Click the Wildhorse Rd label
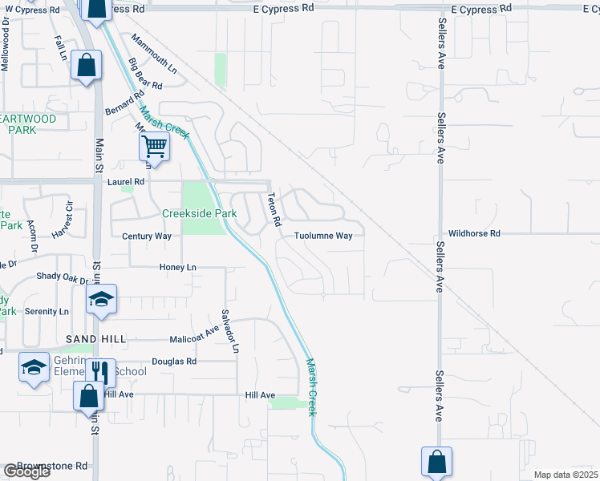point(474,233)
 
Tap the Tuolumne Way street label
point(322,236)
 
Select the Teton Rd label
point(273,208)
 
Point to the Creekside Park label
point(200,214)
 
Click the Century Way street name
point(146,236)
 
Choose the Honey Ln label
point(178,267)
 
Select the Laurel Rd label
point(125,182)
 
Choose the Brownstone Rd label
point(59,465)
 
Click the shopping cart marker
point(153,147)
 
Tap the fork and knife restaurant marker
point(100,372)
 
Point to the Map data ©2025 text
point(566,475)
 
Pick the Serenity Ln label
point(47,311)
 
